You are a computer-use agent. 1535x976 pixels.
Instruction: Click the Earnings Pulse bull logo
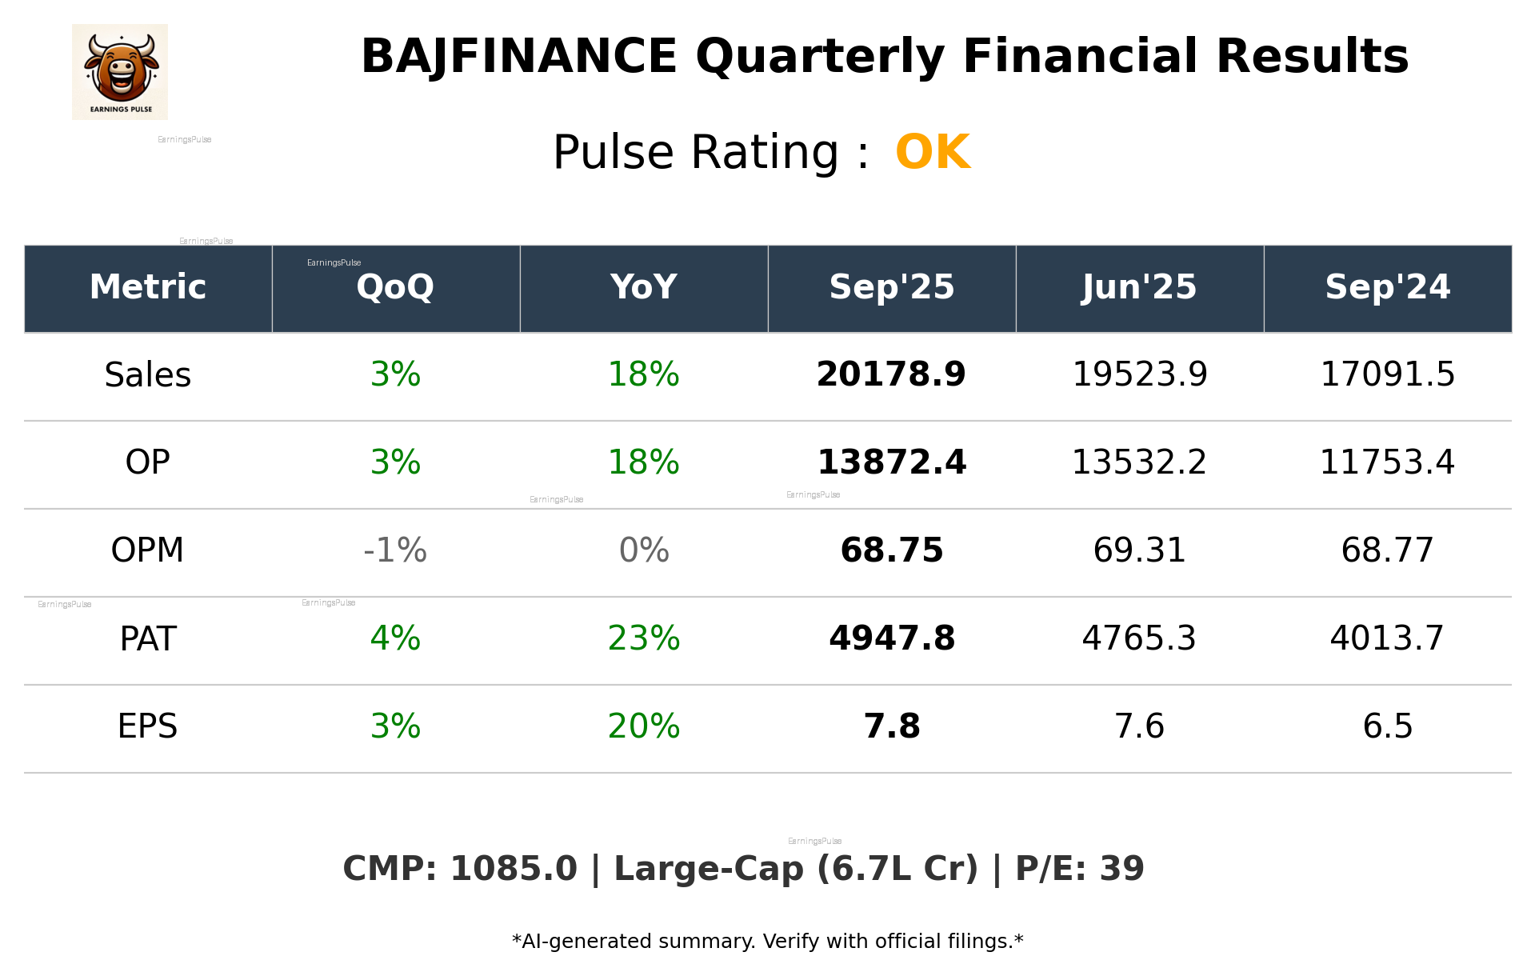tap(120, 72)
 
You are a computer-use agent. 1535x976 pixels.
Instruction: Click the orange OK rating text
tap(933, 152)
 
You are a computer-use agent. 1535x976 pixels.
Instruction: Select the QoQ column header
tap(395, 287)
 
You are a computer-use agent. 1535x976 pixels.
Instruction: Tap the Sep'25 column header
tap(891, 287)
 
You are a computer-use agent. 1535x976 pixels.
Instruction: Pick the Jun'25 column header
tap(1139, 287)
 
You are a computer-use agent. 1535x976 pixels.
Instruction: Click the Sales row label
tap(148, 374)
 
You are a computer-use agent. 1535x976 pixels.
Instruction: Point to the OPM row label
tap(147, 550)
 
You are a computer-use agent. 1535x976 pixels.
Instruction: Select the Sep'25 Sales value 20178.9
tap(891, 374)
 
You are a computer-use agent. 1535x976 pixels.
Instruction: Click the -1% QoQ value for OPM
tap(395, 550)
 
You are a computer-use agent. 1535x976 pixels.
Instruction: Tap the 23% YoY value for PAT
tap(643, 638)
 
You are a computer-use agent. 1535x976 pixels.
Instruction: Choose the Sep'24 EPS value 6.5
tap(1387, 726)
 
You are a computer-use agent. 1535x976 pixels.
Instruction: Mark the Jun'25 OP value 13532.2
tap(1139, 462)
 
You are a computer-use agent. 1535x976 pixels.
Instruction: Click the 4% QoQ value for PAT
tap(395, 638)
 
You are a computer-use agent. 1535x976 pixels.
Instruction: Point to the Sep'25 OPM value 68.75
tap(891, 550)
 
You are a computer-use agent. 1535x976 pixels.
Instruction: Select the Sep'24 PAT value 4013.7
tap(1387, 638)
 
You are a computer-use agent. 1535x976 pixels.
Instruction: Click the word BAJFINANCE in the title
tap(518, 58)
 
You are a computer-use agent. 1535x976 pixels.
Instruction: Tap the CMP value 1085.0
tap(513, 869)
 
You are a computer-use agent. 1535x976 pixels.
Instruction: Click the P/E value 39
tap(1121, 869)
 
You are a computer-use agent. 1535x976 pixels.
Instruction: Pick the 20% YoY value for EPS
tap(643, 726)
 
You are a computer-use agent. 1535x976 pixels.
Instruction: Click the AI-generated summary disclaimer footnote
tap(767, 942)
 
